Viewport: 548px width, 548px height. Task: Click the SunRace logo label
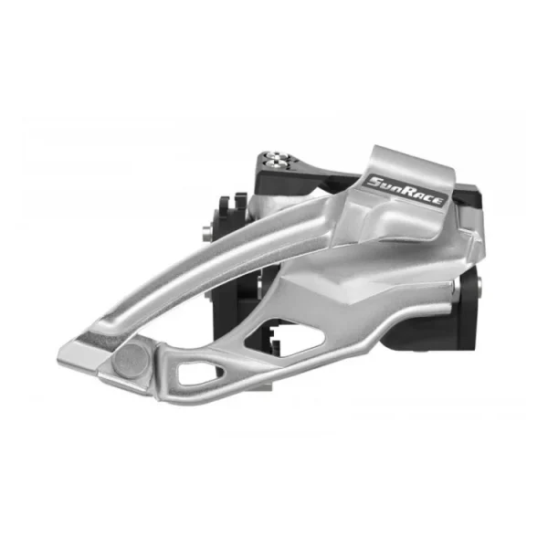point(405,191)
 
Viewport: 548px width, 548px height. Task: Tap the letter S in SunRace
point(375,182)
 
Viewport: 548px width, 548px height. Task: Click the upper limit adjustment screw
point(273,155)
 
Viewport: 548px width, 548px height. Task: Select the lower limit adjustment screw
point(273,163)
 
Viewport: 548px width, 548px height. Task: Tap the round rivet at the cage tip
point(131,361)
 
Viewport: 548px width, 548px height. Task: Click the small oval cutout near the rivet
point(198,373)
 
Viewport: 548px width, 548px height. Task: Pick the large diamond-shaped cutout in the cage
point(285,338)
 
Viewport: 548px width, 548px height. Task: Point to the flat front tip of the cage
point(81,353)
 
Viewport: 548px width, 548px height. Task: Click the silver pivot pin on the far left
point(206,233)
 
